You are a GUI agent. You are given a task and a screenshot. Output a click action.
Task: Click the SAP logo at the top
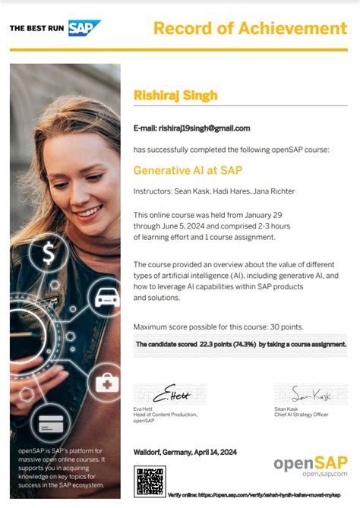coord(84,28)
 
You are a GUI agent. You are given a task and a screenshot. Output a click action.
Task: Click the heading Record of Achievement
coord(250,28)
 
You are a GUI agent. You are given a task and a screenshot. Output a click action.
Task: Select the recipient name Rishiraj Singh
coord(175,95)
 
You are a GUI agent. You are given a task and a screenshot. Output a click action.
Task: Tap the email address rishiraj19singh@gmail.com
coord(204,128)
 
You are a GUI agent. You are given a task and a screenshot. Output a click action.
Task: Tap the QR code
coord(150,481)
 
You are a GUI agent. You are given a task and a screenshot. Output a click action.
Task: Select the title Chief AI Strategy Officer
coord(302,415)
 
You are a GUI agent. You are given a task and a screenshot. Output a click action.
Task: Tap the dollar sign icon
coord(49,251)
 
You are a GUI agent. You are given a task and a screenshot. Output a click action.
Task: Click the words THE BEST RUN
coord(36,29)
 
